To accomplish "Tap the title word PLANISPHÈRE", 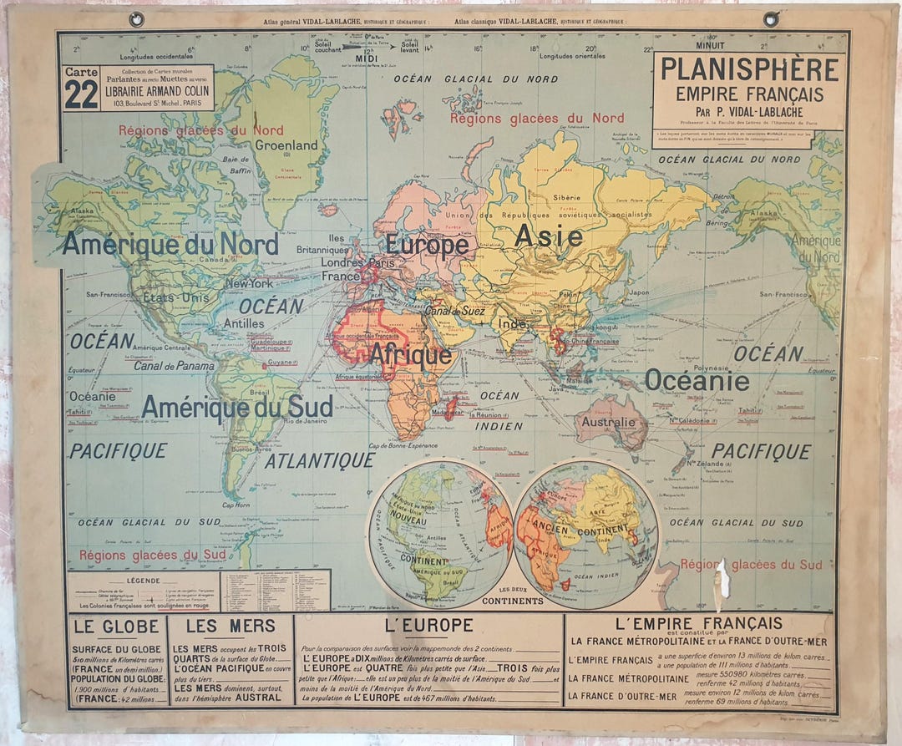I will click(749, 69).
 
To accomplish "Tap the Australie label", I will click(609, 422).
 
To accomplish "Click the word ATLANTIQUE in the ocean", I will click(320, 460).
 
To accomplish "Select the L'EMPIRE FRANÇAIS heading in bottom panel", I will click(698, 623).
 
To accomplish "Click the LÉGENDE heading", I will click(142, 580).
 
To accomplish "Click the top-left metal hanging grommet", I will click(136, 19).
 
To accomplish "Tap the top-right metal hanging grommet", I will click(771, 19).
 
